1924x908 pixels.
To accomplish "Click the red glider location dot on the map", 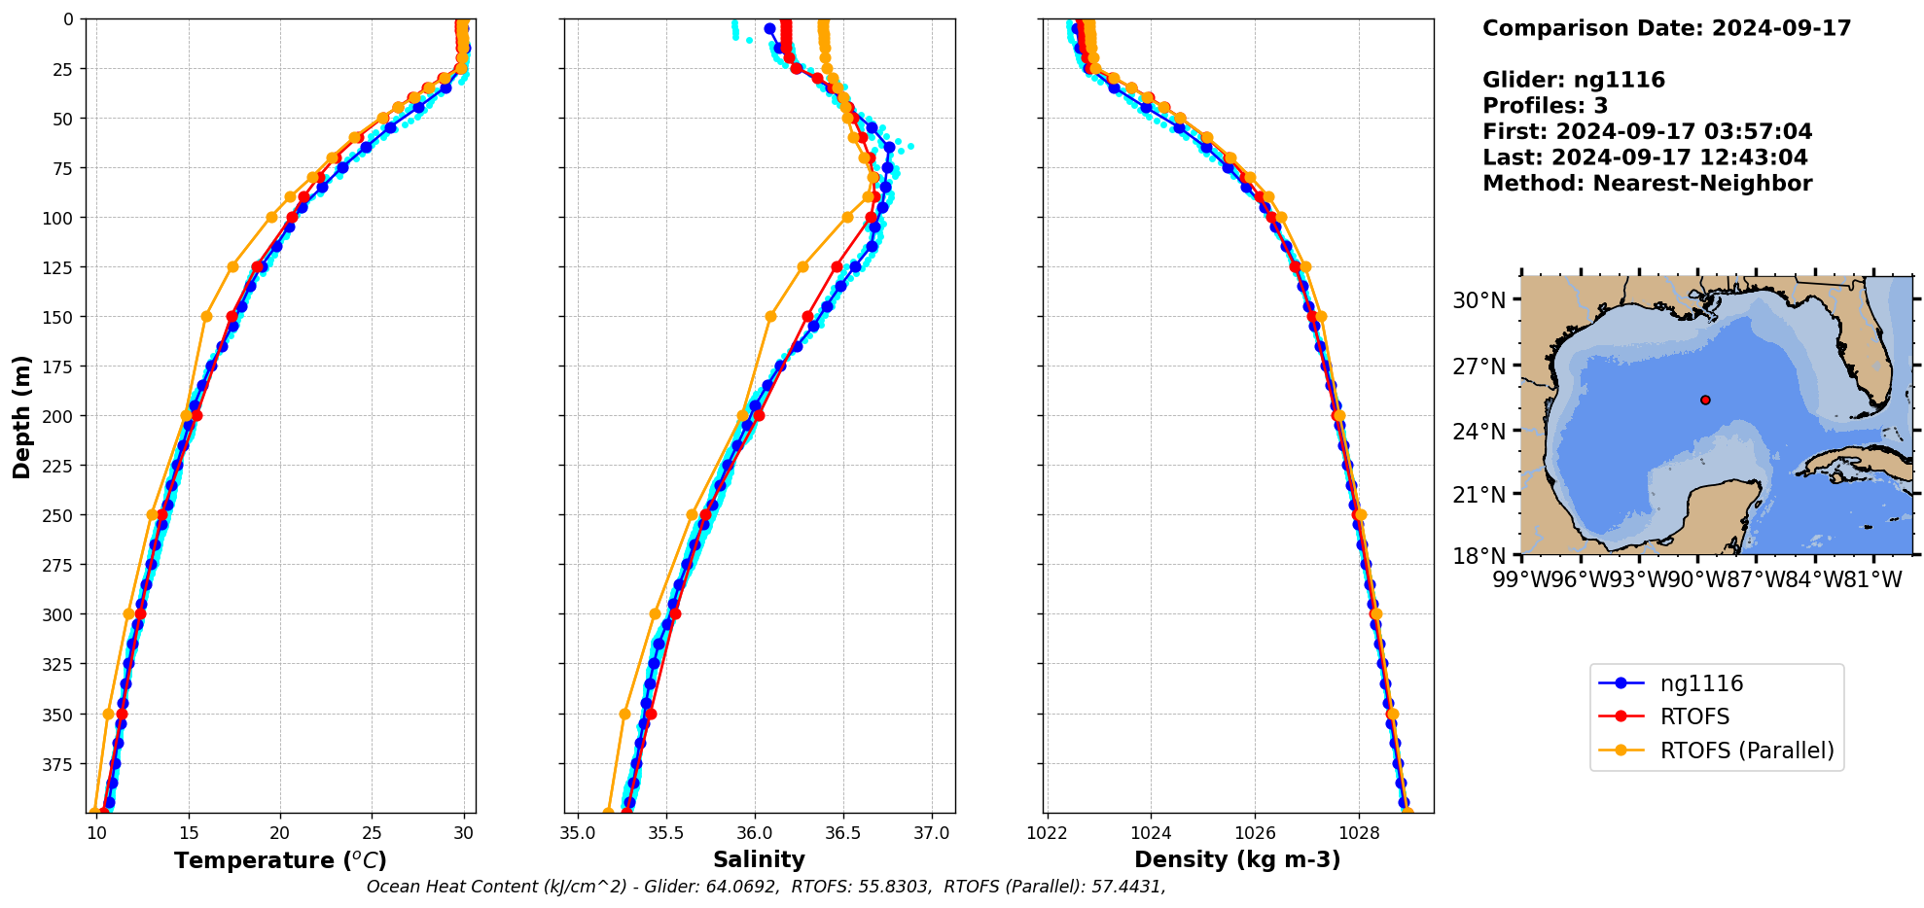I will click(x=1705, y=400).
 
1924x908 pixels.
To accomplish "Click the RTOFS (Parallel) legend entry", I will click(x=1746, y=751).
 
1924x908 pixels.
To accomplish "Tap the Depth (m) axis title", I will click(x=21, y=416).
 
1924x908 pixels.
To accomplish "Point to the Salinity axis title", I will click(x=759, y=859).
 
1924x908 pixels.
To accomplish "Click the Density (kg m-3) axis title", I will click(x=1237, y=859).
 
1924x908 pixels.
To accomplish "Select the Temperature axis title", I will click(x=280, y=860).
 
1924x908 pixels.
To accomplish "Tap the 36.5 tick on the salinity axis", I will click(x=842, y=833).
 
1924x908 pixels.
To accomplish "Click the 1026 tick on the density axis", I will click(x=1255, y=833).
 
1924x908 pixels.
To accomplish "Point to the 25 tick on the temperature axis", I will click(x=372, y=833).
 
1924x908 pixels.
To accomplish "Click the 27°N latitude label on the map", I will click(x=1479, y=367).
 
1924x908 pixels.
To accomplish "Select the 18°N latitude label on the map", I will click(x=1479, y=555).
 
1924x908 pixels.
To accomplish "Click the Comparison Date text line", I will click(x=1666, y=28).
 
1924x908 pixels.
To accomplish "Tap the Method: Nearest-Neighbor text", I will click(x=1647, y=184).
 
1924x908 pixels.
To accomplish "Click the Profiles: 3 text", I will click(x=1545, y=106).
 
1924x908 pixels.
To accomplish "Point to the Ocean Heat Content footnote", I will click(x=766, y=887).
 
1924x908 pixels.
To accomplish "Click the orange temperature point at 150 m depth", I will click(x=206, y=316).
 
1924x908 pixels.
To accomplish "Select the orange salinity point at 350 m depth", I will click(x=624, y=714).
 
